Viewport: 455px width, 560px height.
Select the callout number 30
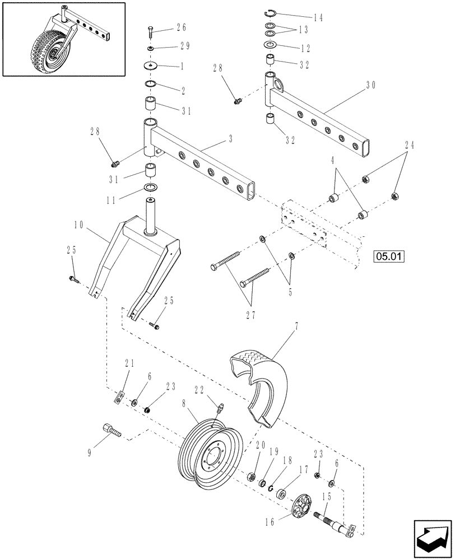[x=370, y=85]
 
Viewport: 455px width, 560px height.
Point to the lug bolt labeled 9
[x=110, y=432]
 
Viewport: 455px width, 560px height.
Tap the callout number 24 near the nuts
[x=410, y=144]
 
